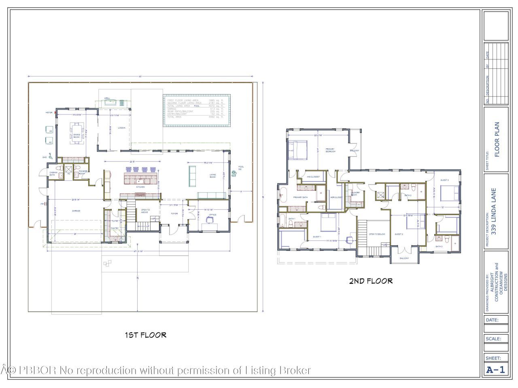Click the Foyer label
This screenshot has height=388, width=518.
pos(174,213)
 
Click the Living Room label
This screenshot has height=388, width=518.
pos(212,175)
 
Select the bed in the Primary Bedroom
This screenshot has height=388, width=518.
pos(297,148)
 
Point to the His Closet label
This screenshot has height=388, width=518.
pos(313,177)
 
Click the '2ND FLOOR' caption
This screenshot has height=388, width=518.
pos(371,281)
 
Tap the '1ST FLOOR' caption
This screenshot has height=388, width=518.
pos(145,335)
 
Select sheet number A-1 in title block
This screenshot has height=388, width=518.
pos(495,369)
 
